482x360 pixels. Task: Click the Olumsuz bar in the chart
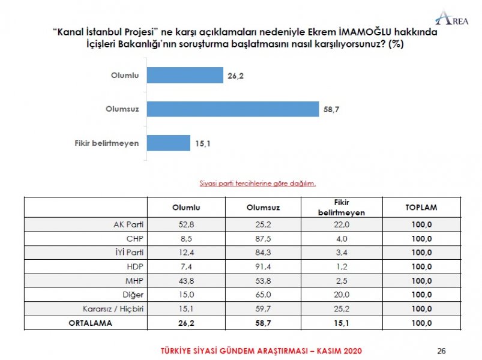pyautogui.click(x=232, y=109)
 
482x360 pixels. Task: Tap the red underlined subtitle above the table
pyautogui.click(x=258, y=183)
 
